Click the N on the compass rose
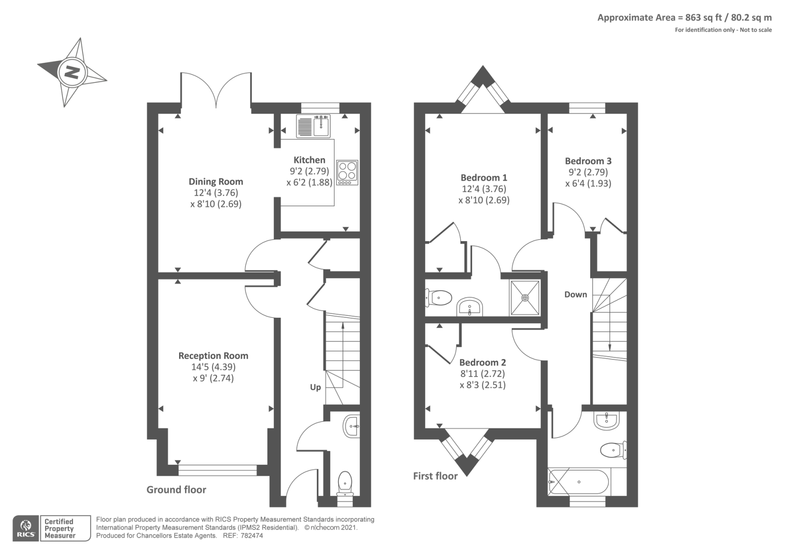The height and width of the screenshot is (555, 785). click(73, 73)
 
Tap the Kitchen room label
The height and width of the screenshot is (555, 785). click(309, 160)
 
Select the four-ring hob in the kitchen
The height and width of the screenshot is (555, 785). click(347, 172)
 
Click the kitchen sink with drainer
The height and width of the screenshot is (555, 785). click(314, 126)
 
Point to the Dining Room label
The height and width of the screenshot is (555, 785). click(216, 181)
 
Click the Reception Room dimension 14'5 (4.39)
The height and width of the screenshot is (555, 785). click(213, 367)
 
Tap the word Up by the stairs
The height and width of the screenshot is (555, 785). click(315, 387)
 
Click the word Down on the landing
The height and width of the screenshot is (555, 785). click(576, 294)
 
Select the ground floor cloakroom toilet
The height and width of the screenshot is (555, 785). click(345, 483)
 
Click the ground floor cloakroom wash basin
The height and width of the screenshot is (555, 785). click(352, 426)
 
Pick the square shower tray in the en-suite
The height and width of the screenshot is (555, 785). click(525, 298)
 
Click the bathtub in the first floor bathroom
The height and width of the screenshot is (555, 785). click(579, 481)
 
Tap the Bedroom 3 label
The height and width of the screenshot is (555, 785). click(588, 161)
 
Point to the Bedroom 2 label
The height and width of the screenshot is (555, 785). click(482, 362)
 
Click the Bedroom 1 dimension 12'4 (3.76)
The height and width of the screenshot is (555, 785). click(484, 189)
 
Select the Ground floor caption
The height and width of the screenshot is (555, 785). click(176, 489)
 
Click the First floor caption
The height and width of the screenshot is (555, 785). click(435, 475)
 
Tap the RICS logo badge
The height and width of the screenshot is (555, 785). click(25, 528)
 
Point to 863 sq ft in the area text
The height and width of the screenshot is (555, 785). click(703, 18)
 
